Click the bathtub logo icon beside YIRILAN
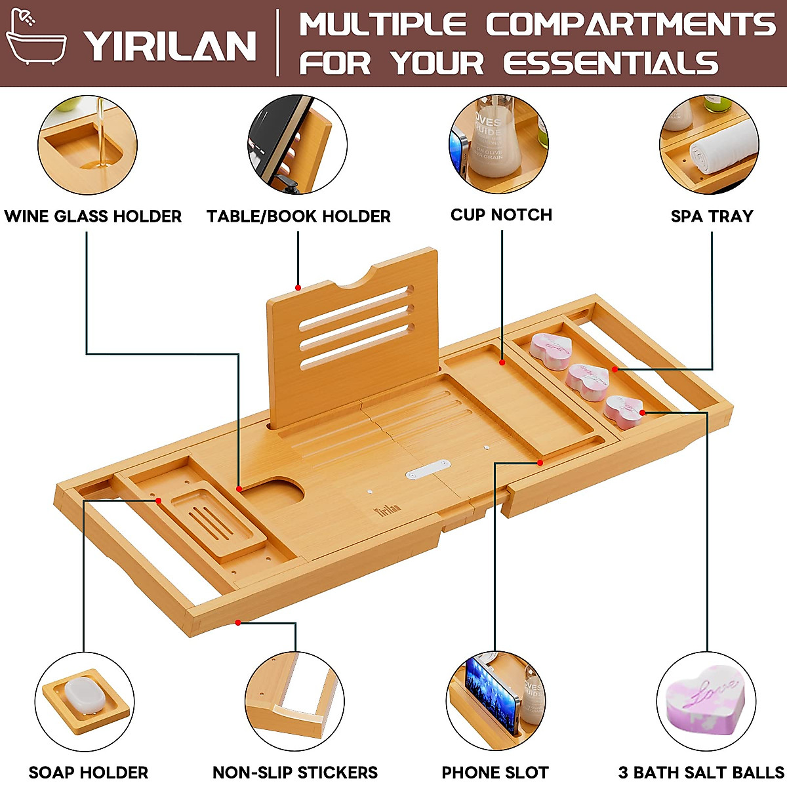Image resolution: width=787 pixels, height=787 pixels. click(x=36, y=41)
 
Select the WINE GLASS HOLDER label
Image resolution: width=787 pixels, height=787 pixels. click(x=92, y=216)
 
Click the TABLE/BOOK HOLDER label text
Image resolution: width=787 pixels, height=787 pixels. click(x=298, y=216)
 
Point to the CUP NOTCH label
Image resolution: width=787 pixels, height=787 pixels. click(x=501, y=215)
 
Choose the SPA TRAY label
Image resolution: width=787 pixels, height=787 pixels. click(x=712, y=216)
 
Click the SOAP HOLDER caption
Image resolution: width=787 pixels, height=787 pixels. click(x=89, y=772)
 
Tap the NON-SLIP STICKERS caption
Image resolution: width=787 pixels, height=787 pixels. click(x=295, y=772)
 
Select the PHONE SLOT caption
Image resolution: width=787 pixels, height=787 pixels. click(x=495, y=772)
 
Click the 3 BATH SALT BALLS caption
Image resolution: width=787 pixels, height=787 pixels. click(x=701, y=772)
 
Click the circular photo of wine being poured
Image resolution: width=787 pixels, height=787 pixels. click(x=87, y=145)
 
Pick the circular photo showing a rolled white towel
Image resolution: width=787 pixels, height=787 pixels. click(x=709, y=145)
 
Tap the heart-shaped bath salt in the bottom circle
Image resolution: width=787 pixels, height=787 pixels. click(x=706, y=698)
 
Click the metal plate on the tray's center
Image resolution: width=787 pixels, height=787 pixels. click(x=428, y=468)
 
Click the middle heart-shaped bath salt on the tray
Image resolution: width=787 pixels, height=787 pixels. click(x=588, y=381)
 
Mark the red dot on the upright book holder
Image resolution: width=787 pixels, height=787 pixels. click(x=298, y=287)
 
